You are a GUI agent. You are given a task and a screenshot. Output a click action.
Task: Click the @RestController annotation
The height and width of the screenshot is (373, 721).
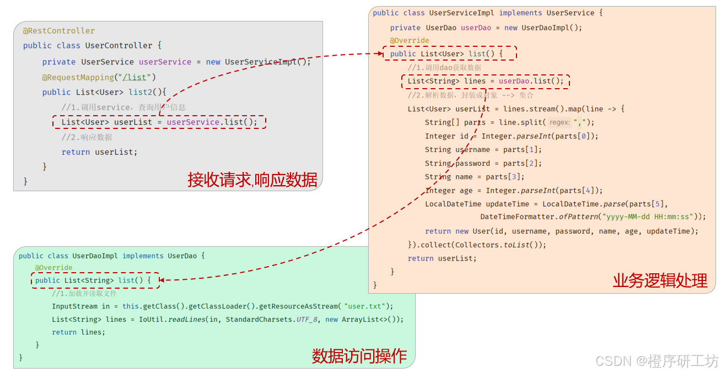click(x=59, y=31)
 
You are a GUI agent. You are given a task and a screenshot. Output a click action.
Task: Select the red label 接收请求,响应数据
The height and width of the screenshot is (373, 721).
click(x=252, y=180)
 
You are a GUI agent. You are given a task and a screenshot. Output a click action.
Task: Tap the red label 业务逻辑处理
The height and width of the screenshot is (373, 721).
click(x=660, y=280)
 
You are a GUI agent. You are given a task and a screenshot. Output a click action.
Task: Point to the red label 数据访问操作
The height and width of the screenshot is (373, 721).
click(x=359, y=356)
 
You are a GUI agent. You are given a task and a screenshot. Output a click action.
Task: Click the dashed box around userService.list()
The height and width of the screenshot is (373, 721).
click(x=159, y=122)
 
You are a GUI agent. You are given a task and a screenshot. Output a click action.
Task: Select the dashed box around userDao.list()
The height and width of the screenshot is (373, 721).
click(x=486, y=82)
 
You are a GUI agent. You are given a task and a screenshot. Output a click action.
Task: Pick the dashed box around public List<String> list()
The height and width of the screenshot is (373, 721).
click(x=95, y=280)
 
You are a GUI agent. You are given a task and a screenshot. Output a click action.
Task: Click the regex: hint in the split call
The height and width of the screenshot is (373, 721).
click(x=559, y=122)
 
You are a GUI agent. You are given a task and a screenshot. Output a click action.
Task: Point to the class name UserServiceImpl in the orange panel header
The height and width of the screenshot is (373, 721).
click(x=461, y=13)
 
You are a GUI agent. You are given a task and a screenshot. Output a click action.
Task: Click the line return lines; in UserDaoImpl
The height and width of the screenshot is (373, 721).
click(x=78, y=332)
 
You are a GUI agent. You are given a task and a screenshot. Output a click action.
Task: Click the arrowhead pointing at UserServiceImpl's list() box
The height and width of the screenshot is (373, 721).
click(x=379, y=54)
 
